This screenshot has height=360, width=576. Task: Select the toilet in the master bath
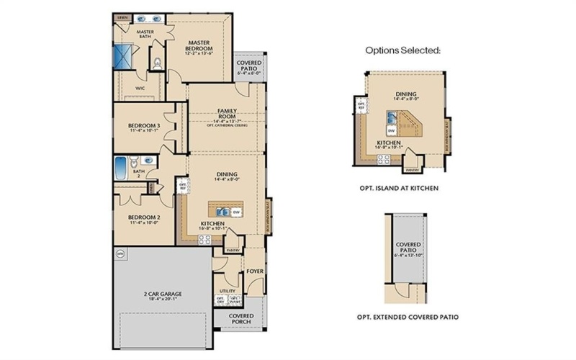pos(158,64)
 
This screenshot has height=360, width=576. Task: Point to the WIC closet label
pos(141,91)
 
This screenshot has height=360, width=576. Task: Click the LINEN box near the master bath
pos(123,16)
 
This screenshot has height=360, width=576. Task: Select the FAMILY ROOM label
pos(228,113)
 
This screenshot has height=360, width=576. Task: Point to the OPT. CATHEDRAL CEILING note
pos(228,125)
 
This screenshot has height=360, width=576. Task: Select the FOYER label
pos(253,272)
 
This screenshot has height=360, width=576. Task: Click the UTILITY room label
pos(226,292)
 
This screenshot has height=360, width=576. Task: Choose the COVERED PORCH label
pos(241,319)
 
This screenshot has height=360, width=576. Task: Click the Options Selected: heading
pos(402,50)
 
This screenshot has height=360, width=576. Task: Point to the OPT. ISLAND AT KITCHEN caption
pos(398,187)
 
